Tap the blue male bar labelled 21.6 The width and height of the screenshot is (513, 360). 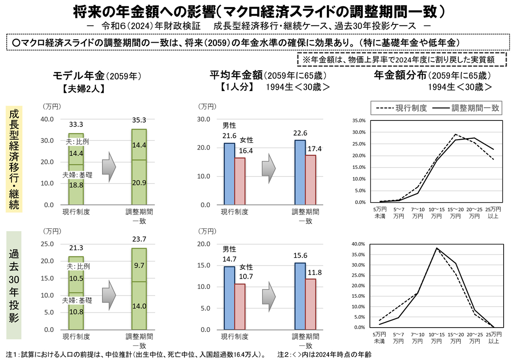[229, 173]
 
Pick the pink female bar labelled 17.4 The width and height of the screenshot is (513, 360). [311, 180]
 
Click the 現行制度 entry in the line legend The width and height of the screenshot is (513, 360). [402, 108]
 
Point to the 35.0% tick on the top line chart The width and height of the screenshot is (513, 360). [358, 121]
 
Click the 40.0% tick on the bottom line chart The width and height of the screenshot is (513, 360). [358, 244]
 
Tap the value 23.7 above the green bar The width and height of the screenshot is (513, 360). [139, 239]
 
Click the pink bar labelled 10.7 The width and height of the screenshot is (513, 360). [240, 307]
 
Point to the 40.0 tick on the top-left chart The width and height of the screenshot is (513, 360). [47, 119]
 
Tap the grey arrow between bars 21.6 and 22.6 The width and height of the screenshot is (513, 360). [269, 168]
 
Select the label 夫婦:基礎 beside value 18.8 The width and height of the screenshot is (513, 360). [78, 175]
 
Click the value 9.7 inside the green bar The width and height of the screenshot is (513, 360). [139, 265]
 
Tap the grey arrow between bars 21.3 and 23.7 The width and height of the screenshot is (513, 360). [108, 295]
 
